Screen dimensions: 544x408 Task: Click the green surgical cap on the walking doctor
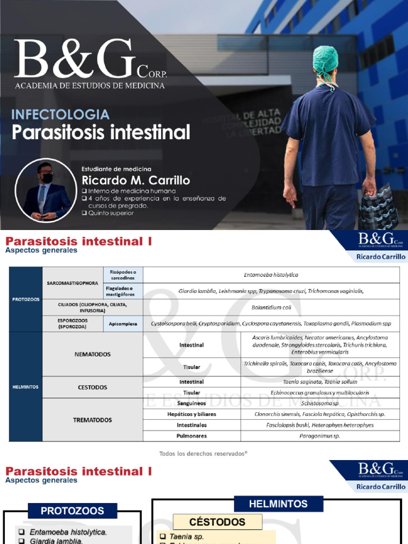[x=325, y=60]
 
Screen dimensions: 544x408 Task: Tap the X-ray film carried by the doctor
[x=378, y=205]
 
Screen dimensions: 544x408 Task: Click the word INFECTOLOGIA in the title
[x=61, y=114]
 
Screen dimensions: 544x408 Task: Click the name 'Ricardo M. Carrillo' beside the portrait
[x=135, y=180]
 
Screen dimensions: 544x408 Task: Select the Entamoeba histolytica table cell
[x=271, y=275]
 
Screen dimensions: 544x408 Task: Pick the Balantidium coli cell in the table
[x=271, y=307]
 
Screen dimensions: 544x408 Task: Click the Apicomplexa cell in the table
[x=123, y=324]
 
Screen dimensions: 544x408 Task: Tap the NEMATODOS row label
[x=92, y=353]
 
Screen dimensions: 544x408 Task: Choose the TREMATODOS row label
[x=92, y=420]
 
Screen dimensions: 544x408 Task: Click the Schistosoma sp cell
[x=320, y=403]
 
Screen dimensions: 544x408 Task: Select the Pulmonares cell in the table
[x=192, y=436]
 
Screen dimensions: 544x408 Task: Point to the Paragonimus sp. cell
[x=320, y=436]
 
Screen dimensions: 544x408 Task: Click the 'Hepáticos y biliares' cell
[x=192, y=414]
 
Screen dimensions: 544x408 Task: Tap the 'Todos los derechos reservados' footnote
[x=203, y=453]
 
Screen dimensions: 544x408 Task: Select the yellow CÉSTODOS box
[x=210, y=522]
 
